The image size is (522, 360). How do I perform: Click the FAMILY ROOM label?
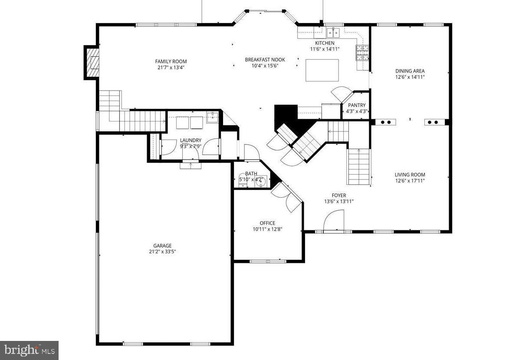[171, 61]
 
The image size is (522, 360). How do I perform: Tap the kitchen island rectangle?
[322, 70]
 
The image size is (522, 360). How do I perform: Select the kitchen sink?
[333, 32]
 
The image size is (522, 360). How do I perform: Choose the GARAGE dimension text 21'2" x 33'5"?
[162, 251]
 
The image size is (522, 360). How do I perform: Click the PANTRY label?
[357, 105]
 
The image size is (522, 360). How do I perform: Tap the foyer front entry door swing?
[334, 220]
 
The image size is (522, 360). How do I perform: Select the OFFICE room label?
[267, 223]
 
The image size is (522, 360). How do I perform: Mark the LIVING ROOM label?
[410, 175]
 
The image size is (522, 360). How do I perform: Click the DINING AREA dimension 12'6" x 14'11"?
[410, 77]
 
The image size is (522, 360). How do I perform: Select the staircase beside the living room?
[358, 167]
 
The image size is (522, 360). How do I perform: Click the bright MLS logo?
[29, 350]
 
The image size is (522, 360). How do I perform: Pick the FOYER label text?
[339, 196]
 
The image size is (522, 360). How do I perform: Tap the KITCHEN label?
[325, 43]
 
